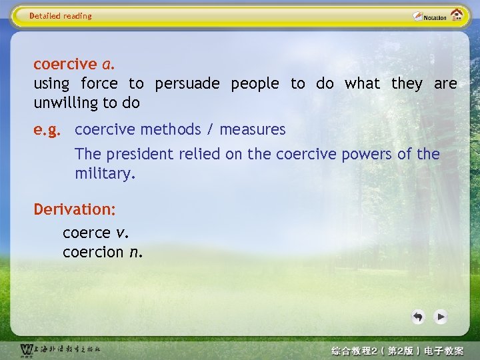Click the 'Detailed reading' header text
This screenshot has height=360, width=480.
coord(61,16)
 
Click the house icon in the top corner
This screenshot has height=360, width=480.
coord(457,15)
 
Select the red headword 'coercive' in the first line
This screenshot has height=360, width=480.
coord(65,65)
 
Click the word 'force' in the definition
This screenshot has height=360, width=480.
coord(99,84)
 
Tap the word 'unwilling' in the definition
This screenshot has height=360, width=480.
coord(65,103)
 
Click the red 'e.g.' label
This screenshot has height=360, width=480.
coord(47,129)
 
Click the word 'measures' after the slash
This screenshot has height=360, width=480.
coord(253,129)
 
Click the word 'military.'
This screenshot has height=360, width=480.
coord(105,173)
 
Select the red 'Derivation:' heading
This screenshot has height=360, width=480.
coord(75,209)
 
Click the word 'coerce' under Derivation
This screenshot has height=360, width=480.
coord(87,233)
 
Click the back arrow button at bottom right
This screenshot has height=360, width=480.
coord(418,317)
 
